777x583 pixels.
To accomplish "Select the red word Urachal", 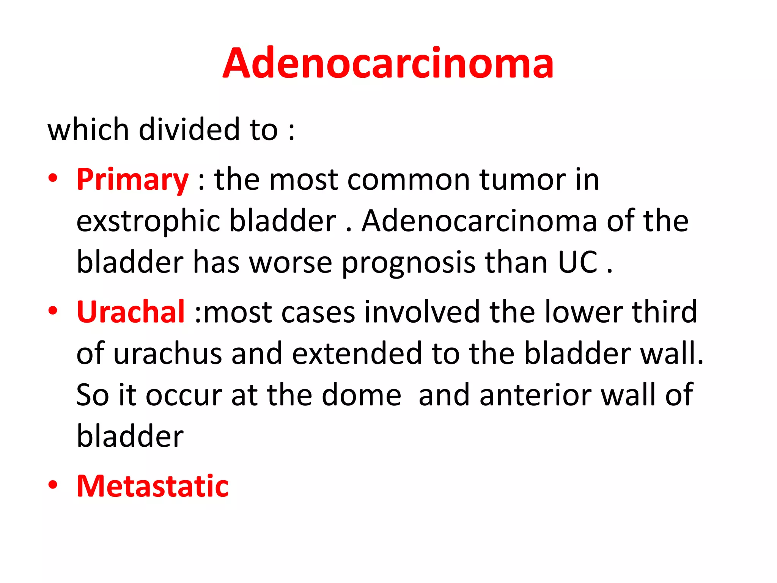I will (x=131, y=312).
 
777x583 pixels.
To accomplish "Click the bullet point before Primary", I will (x=53, y=178).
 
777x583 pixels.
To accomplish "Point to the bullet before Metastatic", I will (x=53, y=485).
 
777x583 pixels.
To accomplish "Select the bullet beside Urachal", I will (x=53, y=311).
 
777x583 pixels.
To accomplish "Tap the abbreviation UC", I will (x=578, y=262).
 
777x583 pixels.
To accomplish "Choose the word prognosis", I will (x=408, y=263).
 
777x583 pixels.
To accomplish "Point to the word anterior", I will (x=535, y=395).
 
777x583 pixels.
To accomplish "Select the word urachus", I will (x=167, y=353).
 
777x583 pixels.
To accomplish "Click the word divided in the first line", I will (x=189, y=129).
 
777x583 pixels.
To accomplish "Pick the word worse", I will (x=290, y=263).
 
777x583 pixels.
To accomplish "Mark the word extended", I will (x=357, y=353).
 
